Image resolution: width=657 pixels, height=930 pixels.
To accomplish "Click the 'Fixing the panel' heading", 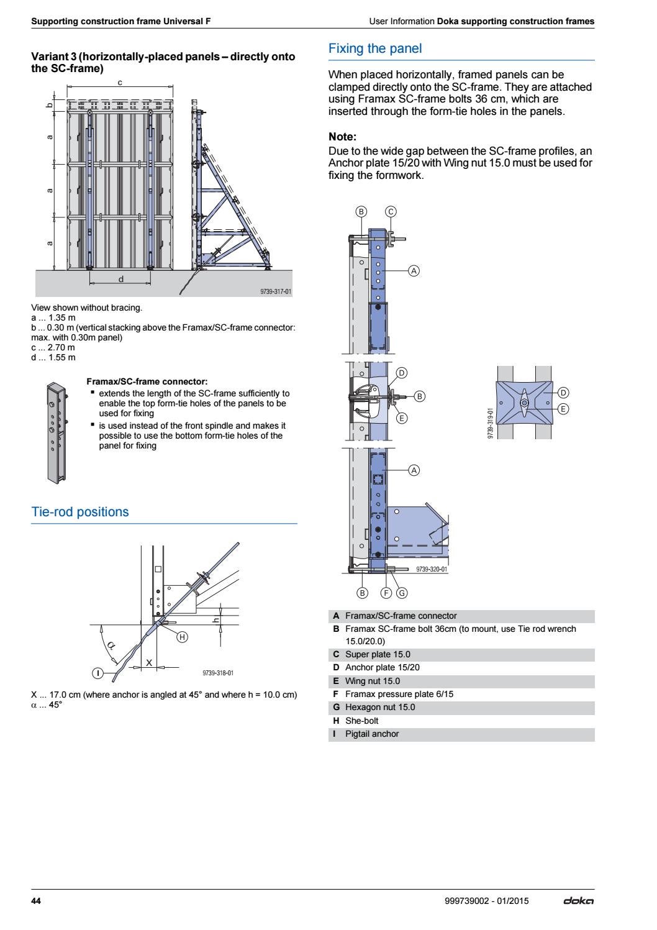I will pyautogui.click(x=374, y=48).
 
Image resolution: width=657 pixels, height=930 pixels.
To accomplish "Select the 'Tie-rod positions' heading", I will pyautogui.click(x=80, y=512).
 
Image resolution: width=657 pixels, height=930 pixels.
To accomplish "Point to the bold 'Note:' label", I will pyautogui.click(x=342, y=137).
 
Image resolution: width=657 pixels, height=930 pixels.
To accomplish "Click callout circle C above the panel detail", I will pyautogui.click(x=391, y=212).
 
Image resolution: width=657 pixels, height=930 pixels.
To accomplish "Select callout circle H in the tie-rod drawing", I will pyautogui.click(x=183, y=637).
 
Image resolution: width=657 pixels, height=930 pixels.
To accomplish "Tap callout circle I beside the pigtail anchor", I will pyautogui.click(x=97, y=673).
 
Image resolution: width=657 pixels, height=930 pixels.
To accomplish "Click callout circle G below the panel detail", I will pyautogui.click(x=402, y=593).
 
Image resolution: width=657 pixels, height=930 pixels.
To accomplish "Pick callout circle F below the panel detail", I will pyautogui.click(x=386, y=593).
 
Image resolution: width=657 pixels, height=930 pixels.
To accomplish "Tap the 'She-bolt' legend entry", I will pyautogui.click(x=361, y=721).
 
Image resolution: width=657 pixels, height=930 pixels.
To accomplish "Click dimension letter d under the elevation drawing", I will pyautogui.click(x=121, y=279).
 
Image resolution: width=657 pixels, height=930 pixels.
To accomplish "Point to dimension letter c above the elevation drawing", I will pyautogui.click(x=119, y=83).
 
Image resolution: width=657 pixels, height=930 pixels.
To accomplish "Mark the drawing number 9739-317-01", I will pyautogui.click(x=275, y=291).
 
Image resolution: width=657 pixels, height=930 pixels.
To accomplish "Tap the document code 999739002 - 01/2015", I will pyautogui.click(x=483, y=901).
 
